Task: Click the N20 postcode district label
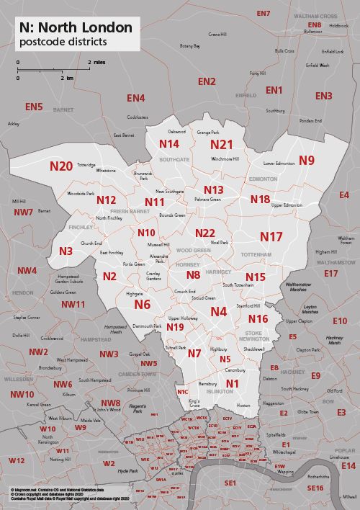point(60,166)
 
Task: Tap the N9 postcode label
point(307,160)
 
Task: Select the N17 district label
point(271,236)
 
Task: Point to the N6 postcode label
point(143,305)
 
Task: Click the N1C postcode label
point(182,391)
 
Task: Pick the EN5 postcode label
point(34,107)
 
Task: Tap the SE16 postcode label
point(315,488)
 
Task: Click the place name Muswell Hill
point(158,245)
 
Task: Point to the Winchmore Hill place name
point(225,158)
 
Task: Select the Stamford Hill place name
point(248,306)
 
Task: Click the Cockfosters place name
point(138,117)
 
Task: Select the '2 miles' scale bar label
point(97,63)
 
